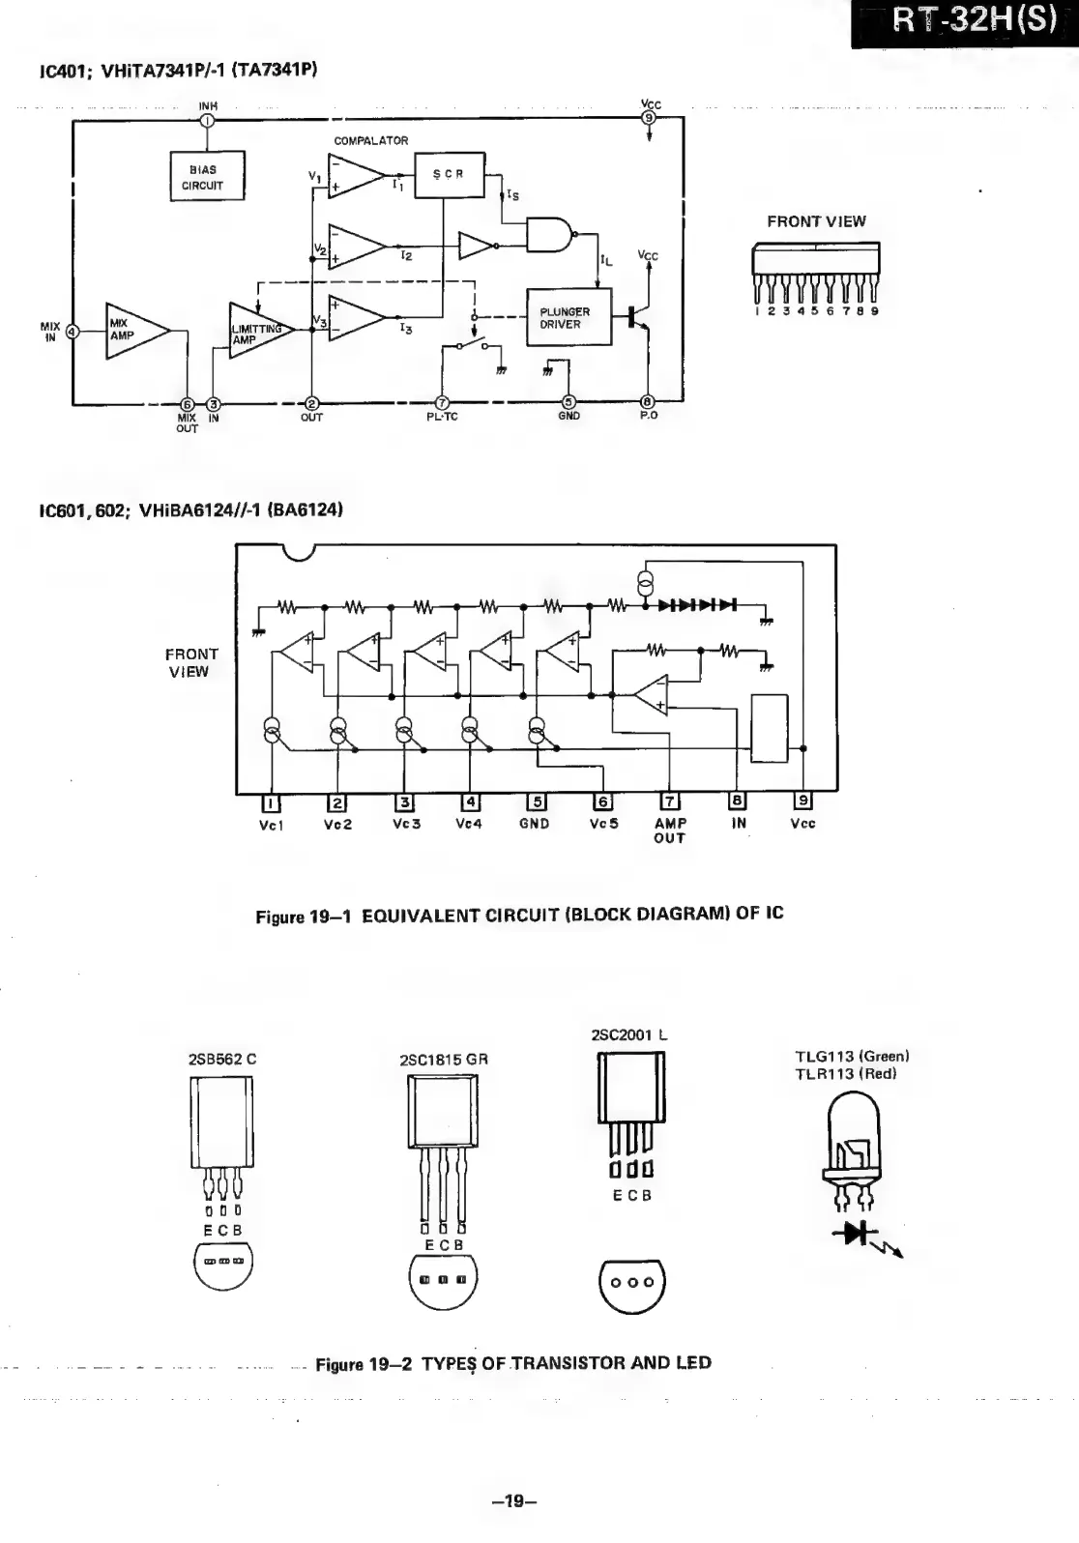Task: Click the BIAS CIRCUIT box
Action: point(207,177)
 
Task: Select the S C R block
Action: point(449,175)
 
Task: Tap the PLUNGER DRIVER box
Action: point(569,317)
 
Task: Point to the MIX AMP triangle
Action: point(132,331)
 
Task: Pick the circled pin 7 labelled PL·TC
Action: point(442,403)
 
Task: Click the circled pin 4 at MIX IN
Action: point(72,331)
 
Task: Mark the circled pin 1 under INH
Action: point(208,120)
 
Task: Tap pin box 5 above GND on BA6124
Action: point(535,801)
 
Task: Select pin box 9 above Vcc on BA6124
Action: point(802,801)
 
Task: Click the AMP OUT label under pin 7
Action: point(670,830)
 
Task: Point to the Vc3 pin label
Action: point(406,824)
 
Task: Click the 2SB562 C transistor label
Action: point(222,1058)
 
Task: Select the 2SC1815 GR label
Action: point(444,1059)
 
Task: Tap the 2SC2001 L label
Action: point(629,1034)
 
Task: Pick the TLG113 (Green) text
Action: point(852,1056)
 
